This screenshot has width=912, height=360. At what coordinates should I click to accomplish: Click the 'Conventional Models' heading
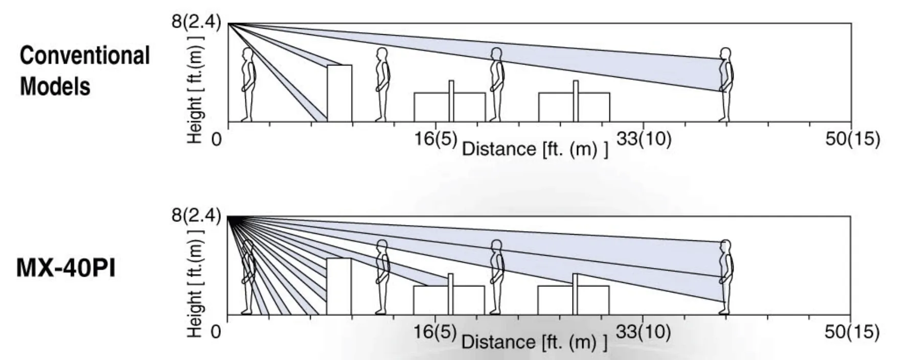(84, 71)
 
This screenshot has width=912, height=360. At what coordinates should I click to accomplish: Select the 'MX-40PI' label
(66, 267)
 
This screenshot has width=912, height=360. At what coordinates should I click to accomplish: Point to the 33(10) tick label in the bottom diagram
(643, 331)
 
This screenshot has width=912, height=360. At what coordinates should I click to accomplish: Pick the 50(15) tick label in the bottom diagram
(852, 331)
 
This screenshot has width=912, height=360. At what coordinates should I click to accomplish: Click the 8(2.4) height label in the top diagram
(196, 22)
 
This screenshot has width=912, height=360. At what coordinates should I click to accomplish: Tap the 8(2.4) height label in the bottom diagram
(196, 215)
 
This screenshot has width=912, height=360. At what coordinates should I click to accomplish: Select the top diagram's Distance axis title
(535, 149)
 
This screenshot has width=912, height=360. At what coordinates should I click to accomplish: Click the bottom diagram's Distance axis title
(534, 342)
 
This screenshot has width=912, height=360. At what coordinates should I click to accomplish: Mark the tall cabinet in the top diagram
(339, 93)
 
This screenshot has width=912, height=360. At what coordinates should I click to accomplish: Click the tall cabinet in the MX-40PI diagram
(339, 286)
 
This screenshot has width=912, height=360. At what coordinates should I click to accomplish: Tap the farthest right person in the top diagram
(725, 84)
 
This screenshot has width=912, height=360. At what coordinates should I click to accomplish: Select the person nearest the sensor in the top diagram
(248, 84)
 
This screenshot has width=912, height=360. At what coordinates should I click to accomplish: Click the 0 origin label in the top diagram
(217, 139)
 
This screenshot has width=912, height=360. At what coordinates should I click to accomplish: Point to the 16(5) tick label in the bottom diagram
(435, 331)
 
